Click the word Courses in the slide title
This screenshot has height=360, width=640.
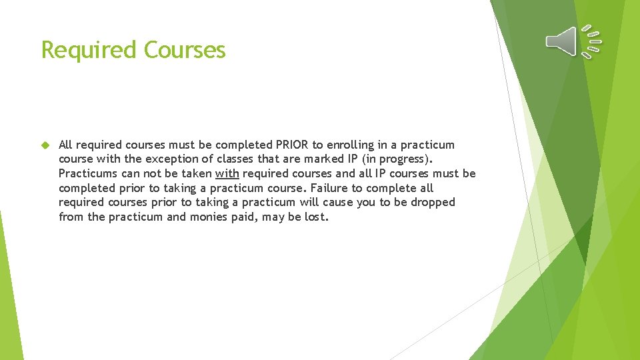pyautogui.click(x=185, y=50)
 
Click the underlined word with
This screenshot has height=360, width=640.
pyautogui.click(x=227, y=173)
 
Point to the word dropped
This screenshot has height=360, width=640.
pyautogui.click(x=433, y=202)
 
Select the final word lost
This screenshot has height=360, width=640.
pyautogui.click(x=316, y=217)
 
